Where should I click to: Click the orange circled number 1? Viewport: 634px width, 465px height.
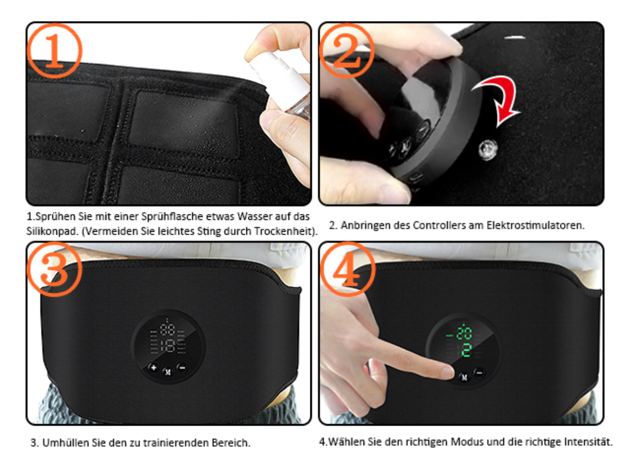point(54,50)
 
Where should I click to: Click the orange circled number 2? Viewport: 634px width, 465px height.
point(347,50)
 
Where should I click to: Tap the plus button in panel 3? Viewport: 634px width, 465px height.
point(154,368)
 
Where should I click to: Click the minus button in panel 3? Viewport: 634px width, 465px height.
point(182,368)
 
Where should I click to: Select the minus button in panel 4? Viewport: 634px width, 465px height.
point(479,372)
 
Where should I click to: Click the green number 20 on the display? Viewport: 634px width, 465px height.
point(464,333)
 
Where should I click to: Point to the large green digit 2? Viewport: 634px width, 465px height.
point(466,350)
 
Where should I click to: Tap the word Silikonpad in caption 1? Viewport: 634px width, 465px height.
point(52,231)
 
